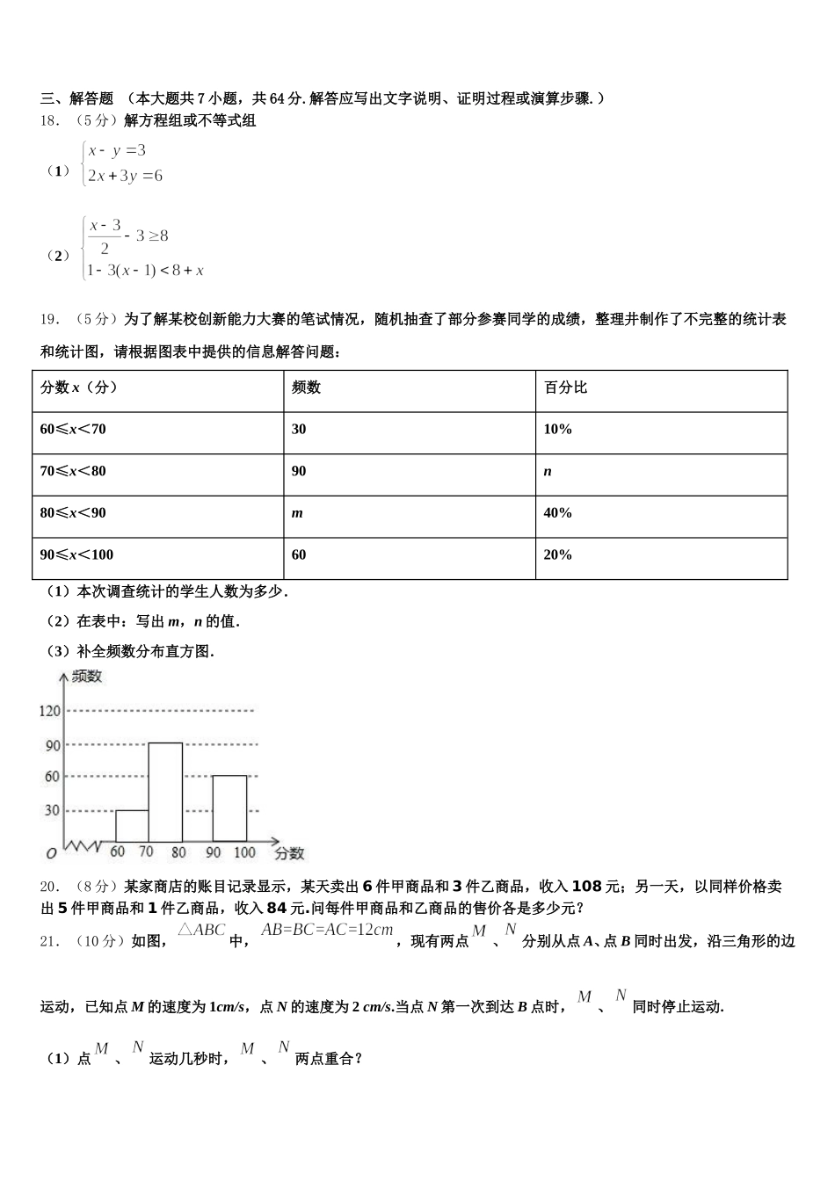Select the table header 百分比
click(565, 388)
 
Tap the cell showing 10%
click(558, 429)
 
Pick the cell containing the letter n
click(548, 471)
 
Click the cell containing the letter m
click(297, 513)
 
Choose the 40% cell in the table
click(558, 513)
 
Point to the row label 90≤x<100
click(76, 554)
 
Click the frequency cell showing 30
click(299, 429)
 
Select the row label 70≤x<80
click(73, 471)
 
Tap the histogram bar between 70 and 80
click(165, 793)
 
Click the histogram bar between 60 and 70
click(132, 826)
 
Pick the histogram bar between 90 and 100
click(229, 808)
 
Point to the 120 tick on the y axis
click(49, 711)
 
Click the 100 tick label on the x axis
click(244, 852)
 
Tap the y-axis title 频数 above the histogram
click(87, 677)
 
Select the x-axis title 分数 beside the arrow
click(289, 852)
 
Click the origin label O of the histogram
click(51, 853)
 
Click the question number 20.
click(49, 887)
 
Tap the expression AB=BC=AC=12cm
click(327, 931)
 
